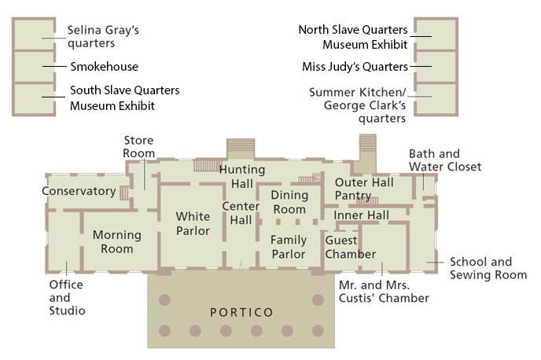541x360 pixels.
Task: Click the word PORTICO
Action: [241, 313]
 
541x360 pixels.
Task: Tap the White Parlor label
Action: [193, 223]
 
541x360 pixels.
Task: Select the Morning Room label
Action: [117, 241]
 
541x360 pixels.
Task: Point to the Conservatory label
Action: [79, 191]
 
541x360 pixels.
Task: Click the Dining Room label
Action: [289, 202]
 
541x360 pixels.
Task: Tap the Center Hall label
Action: [241, 213]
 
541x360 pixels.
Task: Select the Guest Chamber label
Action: [351, 248]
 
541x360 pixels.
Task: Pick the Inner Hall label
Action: [361, 215]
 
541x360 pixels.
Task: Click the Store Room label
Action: [138, 147]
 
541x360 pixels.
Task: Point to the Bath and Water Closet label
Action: [445, 160]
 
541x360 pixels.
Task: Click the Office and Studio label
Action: [67, 297]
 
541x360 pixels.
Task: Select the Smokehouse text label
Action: [104, 67]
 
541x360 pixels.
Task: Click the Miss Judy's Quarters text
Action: [355, 66]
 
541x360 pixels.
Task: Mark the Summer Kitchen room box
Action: [435, 100]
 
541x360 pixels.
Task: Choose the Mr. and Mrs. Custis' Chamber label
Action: [384, 292]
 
